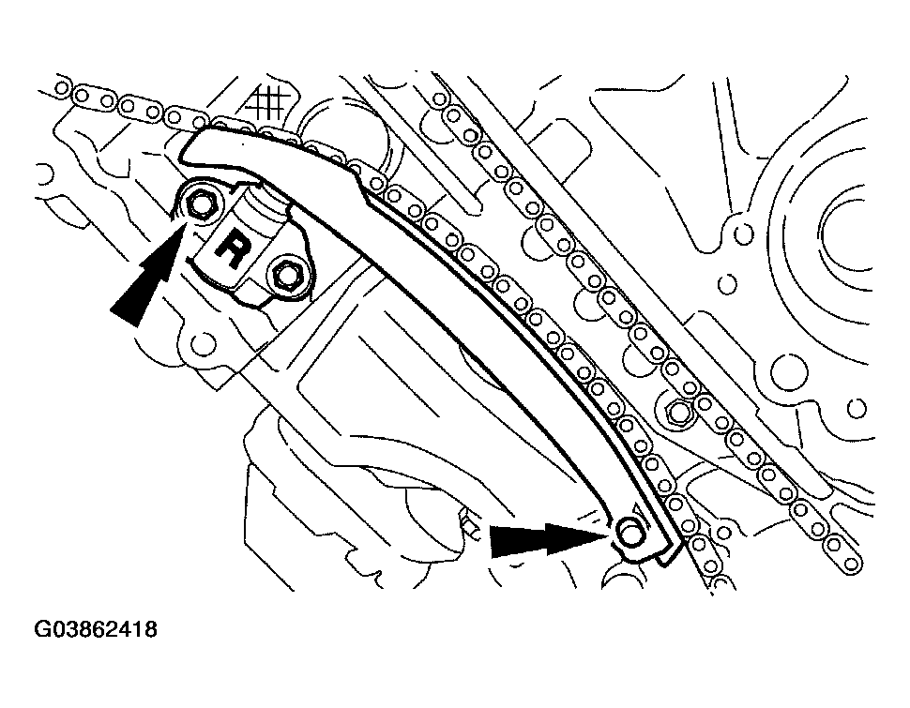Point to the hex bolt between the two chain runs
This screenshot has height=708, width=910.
pos(677,410)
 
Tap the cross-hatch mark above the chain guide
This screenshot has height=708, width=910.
pos(269,101)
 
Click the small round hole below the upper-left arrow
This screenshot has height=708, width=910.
pos(200,339)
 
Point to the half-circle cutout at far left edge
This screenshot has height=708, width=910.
pos(43,173)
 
